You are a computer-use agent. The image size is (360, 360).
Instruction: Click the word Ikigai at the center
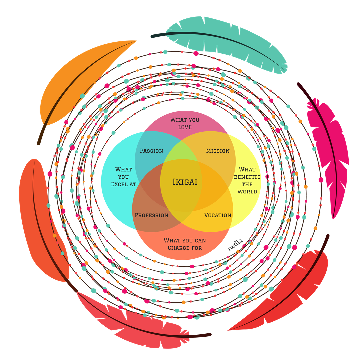point(185,182)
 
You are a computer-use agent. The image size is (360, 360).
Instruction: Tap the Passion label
point(151,151)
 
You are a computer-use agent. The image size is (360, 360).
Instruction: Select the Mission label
point(218,151)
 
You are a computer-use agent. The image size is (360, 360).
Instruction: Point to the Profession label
point(151,215)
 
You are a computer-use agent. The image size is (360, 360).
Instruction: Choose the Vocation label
point(218,215)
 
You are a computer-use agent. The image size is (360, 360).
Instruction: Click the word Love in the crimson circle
point(185,127)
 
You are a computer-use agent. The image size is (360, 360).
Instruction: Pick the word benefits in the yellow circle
point(247,177)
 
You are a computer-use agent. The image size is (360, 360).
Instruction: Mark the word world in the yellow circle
point(247,192)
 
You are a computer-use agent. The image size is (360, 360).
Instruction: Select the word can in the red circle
point(199,240)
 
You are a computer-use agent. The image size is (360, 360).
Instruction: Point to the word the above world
point(247,184)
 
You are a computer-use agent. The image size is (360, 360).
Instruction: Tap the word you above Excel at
point(123,177)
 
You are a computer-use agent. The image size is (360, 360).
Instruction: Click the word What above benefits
point(247,169)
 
